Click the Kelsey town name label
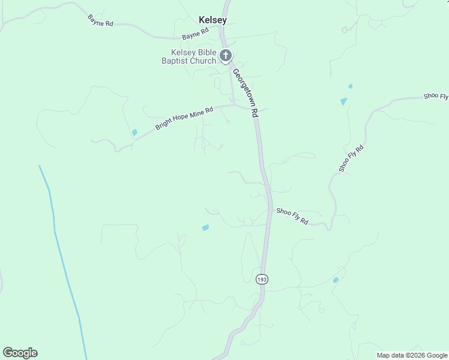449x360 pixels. (x=212, y=20)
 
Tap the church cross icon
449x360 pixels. (x=226, y=56)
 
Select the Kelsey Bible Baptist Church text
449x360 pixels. (x=189, y=57)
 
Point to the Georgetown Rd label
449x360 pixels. (x=246, y=92)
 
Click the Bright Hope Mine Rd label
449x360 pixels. (x=184, y=119)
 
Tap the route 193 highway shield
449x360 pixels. (x=262, y=280)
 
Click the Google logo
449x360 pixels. (x=20, y=353)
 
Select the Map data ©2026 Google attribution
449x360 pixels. (x=412, y=355)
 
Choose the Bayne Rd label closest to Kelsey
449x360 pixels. (x=195, y=33)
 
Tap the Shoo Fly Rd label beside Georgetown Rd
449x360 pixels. (x=292, y=216)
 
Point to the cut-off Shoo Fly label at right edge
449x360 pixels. (x=436, y=96)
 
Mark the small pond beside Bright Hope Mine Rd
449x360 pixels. (x=134, y=133)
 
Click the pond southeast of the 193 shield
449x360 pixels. (x=336, y=280)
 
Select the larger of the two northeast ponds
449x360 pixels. (x=343, y=101)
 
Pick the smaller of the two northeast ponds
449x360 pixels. (x=350, y=86)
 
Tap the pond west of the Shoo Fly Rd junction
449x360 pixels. (x=205, y=228)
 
